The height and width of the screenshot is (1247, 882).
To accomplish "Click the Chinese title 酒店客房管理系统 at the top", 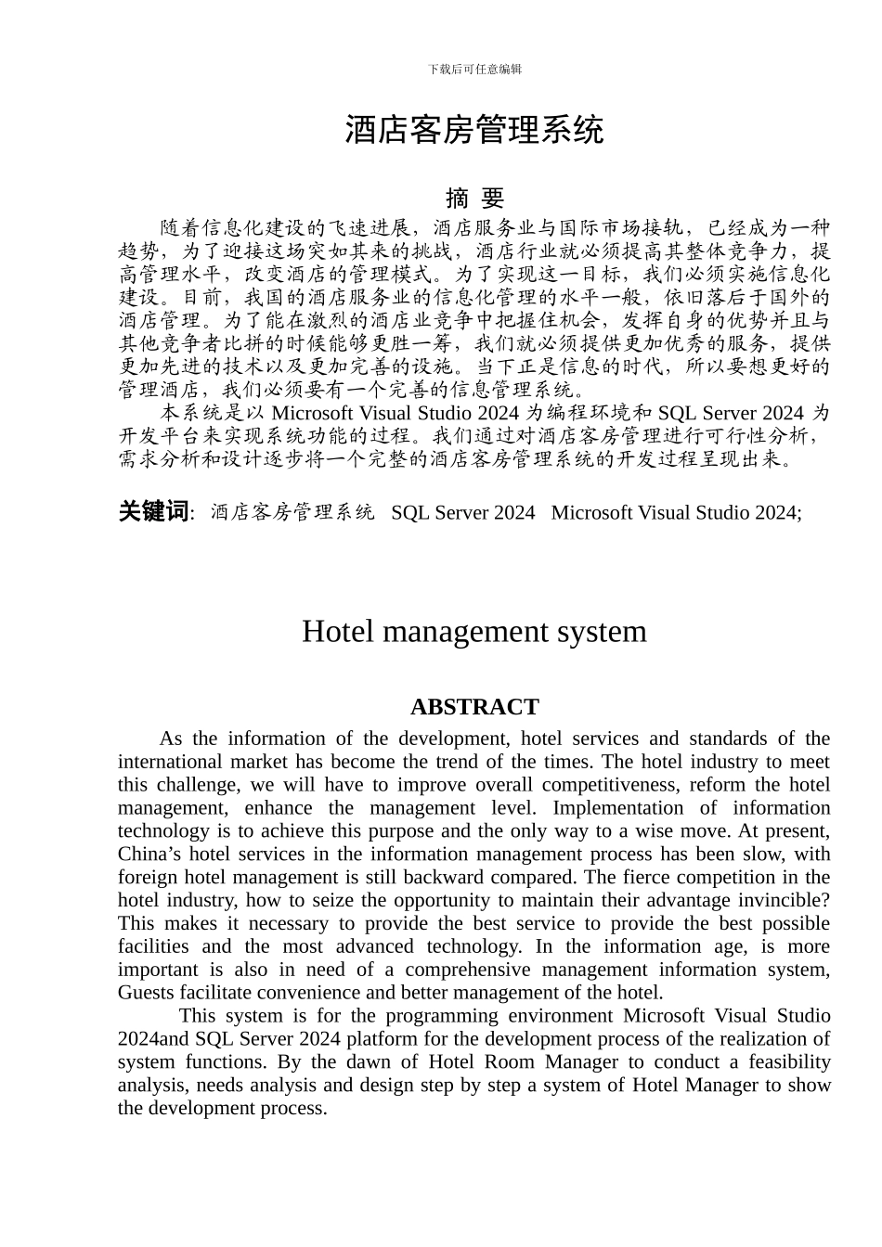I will click(474, 130).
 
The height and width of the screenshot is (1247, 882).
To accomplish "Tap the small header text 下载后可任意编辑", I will click(474, 70).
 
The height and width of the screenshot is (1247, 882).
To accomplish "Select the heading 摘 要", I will click(474, 198).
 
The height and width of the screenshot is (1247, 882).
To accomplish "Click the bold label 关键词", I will click(153, 511).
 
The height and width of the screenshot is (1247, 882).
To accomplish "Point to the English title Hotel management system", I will click(474, 632).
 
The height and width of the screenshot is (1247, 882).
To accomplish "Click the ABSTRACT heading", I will click(474, 707).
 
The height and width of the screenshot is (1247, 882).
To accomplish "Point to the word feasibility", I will click(789, 1062).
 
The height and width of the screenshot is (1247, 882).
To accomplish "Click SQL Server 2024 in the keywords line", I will click(463, 512).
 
